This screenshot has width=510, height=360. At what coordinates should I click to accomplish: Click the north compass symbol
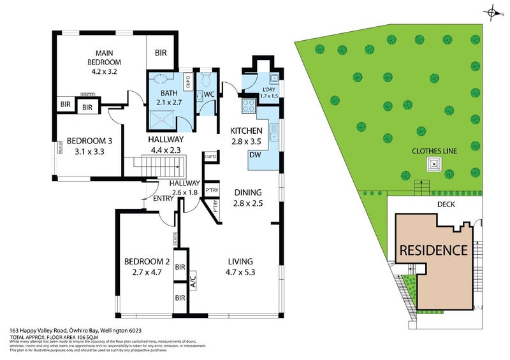[492, 11]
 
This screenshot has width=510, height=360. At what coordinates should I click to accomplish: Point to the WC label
[207, 95]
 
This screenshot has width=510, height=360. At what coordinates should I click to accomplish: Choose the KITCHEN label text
[246, 131]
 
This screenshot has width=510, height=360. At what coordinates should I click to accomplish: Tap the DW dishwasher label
[254, 155]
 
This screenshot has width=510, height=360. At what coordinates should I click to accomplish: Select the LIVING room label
[240, 261]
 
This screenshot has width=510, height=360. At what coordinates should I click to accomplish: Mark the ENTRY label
[164, 199]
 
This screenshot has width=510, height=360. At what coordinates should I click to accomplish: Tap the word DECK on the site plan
[446, 205]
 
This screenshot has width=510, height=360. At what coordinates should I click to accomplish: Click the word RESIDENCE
[433, 248]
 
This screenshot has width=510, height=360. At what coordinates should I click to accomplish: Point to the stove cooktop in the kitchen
[247, 106]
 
